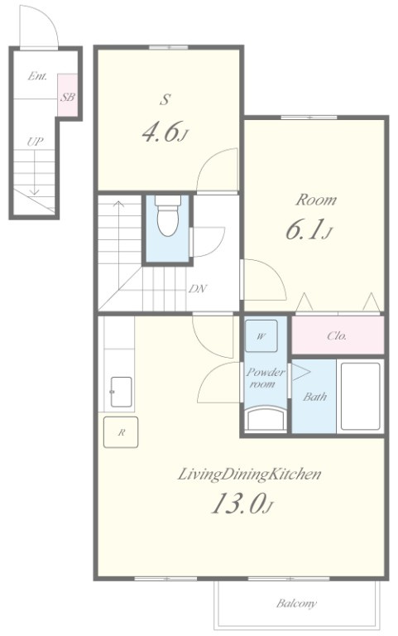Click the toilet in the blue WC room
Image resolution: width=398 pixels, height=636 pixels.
168,215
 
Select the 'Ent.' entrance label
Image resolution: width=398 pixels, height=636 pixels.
37,76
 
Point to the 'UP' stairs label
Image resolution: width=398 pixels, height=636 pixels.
35,142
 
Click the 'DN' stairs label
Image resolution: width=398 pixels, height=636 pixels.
198,289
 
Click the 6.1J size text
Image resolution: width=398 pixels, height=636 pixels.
309,230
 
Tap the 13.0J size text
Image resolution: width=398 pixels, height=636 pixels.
242,503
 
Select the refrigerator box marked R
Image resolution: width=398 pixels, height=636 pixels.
121,432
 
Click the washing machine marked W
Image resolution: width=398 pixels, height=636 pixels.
261,336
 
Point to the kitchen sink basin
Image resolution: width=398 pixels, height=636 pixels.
121,392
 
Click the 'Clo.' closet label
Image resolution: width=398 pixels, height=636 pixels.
337,335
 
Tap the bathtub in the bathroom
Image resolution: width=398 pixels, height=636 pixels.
360,397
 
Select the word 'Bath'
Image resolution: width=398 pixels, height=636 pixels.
314,397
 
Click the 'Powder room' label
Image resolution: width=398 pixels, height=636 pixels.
266,378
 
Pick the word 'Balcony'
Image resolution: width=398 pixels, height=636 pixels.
296,604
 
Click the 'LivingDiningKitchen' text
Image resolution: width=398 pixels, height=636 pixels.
249,475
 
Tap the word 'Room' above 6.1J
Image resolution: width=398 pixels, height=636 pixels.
316,200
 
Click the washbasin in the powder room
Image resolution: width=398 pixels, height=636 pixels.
266,419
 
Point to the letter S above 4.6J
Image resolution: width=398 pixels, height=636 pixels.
165,99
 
